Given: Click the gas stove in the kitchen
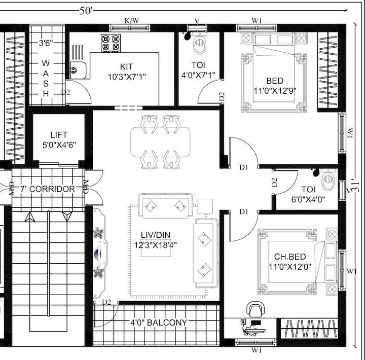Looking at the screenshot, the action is pyautogui.click(x=111, y=43).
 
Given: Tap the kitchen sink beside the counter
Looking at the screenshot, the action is pyautogui.click(x=79, y=70).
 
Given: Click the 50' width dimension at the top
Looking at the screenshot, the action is pyautogui.click(x=86, y=11).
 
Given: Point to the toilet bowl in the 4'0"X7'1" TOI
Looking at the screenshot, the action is pyautogui.click(x=200, y=43).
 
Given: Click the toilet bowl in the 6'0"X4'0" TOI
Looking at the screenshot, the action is pyautogui.click(x=328, y=180).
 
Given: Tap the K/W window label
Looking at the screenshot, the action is pyautogui.click(x=132, y=21).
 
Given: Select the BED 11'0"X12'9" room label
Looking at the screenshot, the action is pyautogui.click(x=275, y=86).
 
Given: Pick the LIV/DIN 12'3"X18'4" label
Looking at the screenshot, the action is pyautogui.click(x=156, y=240).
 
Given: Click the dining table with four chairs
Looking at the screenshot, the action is pyautogui.click(x=160, y=142).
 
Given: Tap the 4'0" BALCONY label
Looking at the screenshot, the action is pyautogui.click(x=159, y=322).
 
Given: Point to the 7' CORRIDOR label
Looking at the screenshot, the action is pyautogui.click(x=48, y=189).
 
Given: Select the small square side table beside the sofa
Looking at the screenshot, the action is pyautogui.click(x=205, y=206).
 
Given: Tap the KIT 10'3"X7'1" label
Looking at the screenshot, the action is pyautogui.click(x=127, y=71).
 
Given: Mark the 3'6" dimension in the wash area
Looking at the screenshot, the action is pyautogui.click(x=46, y=43).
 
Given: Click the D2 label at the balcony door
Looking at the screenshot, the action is pyautogui.click(x=106, y=302).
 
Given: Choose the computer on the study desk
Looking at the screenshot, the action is pyautogui.click(x=253, y=328).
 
